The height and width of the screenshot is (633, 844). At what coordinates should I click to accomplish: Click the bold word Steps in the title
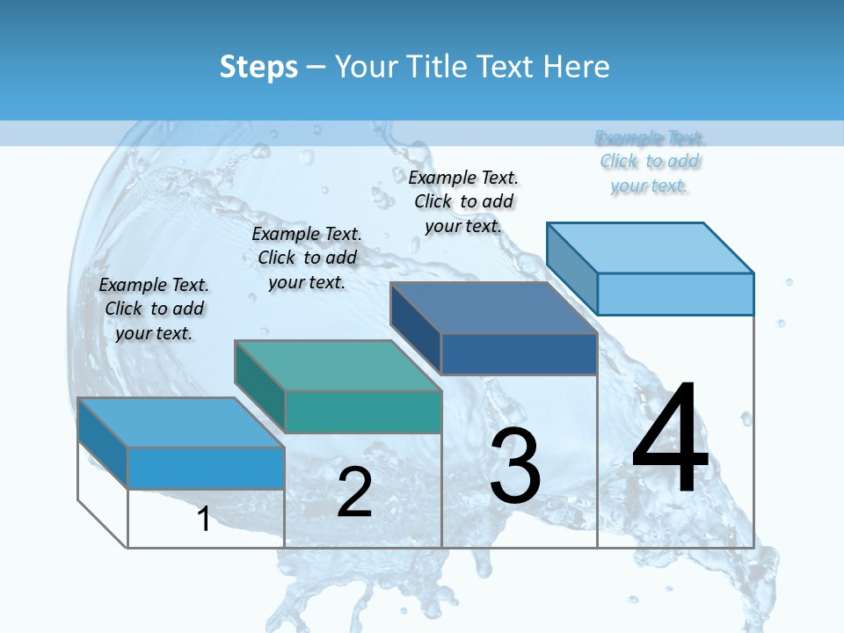click(258, 67)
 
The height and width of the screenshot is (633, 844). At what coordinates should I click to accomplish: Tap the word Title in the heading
click(436, 67)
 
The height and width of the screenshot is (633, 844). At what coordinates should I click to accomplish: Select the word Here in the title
click(578, 67)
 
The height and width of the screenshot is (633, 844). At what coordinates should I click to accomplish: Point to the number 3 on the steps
click(515, 466)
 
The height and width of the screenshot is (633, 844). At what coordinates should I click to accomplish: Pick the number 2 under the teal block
click(354, 493)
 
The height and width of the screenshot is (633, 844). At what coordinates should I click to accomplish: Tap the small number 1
click(204, 520)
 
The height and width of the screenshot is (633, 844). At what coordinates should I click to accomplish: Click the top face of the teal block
click(337, 365)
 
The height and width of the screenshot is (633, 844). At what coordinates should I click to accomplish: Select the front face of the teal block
click(362, 411)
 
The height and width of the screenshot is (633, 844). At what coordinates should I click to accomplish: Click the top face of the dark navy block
click(493, 308)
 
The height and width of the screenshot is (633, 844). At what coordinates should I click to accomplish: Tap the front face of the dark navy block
click(519, 353)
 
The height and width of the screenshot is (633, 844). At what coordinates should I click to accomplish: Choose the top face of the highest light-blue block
click(650, 247)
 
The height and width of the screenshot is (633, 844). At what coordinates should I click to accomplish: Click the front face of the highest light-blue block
click(675, 294)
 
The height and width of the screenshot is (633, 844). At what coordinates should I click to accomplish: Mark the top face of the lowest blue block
click(180, 422)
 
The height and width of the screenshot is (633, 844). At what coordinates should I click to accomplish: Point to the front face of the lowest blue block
click(206, 468)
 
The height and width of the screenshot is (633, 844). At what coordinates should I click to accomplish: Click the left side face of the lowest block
click(103, 443)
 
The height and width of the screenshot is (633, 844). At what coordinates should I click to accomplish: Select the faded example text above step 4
click(650, 162)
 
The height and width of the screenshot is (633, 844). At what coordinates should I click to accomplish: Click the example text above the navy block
click(463, 201)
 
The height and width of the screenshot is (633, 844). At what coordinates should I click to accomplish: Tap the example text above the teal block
click(307, 258)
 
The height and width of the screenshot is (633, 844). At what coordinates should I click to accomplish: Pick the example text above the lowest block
click(154, 309)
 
